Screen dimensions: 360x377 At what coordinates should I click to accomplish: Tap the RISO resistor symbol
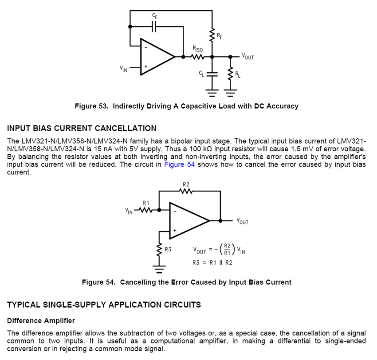(197, 56)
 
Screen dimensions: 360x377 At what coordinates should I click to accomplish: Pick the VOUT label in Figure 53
(248, 57)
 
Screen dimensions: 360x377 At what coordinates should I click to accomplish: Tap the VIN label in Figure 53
(123, 68)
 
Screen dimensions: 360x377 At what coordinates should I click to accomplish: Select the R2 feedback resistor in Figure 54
(186, 192)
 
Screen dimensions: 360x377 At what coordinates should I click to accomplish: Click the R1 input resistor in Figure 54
(146, 210)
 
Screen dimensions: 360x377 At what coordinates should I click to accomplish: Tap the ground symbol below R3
(159, 268)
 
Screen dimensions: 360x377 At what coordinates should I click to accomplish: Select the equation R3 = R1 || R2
(212, 262)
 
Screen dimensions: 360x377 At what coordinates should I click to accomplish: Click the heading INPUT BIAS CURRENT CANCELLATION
(82, 129)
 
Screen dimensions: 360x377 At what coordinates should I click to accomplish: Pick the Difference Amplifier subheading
(41, 321)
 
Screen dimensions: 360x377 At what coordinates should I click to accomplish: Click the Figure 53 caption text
(186, 106)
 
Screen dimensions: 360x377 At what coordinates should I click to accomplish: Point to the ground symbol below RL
(230, 93)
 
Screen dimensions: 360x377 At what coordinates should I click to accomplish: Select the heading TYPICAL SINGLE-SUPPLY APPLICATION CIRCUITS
(104, 305)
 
